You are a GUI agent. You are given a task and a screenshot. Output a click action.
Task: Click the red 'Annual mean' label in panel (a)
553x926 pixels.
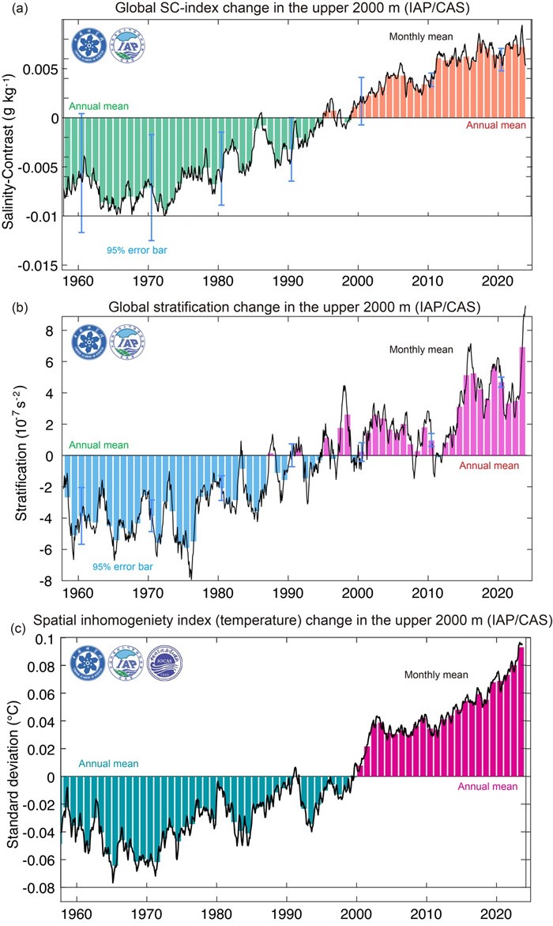(x=493, y=125)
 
